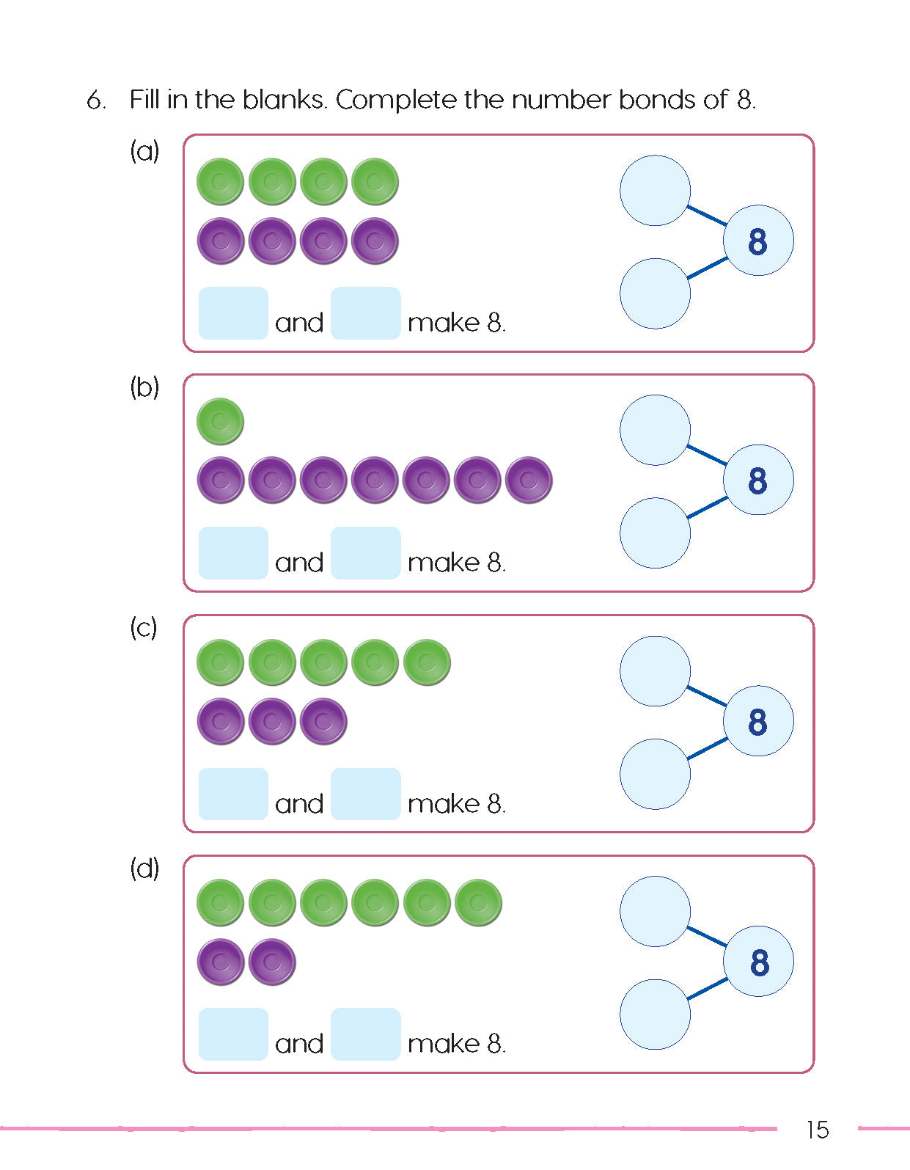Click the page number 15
pyautogui.click(x=817, y=1130)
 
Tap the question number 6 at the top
pyautogui.click(x=95, y=100)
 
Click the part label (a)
pyautogui.click(x=144, y=151)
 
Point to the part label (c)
pyautogui.click(x=144, y=628)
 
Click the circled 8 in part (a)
pyautogui.click(x=758, y=241)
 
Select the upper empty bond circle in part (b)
pyautogui.click(x=655, y=430)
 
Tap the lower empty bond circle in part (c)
pyautogui.click(x=655, y=774)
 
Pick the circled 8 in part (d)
pyautogui.click(x=758, y=962)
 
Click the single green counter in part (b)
pyautogui.click(x=221, y=422)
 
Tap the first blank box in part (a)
pyautogui.click(x=233, y=313)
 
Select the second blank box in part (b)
pyautogui.click(x=365, y=553)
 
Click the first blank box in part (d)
pyautogui.click(x=233, y=1034)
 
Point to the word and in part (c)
pyautogui.click(x=299, y=804)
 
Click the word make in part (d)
pyautogui.click(x=444, y=1044)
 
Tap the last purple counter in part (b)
pyautogui.click(x=529, y=480)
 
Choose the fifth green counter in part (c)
pyautogui.click(x=427, y=662)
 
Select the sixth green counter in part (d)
pyautogui.click(x=478, y=902)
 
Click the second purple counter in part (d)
pyautogui.click(x=272, y=962)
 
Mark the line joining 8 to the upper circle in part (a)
pyautogui.click(x=707, y=215)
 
